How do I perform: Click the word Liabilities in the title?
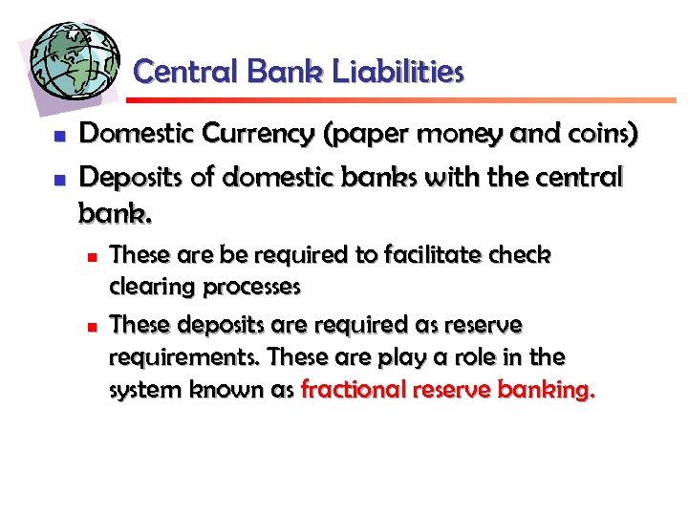402,72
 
